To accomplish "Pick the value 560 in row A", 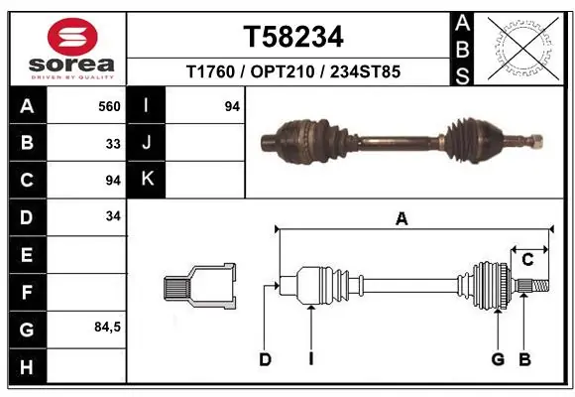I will click(x=110, y=106).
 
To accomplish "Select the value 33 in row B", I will click(x=114, y=143).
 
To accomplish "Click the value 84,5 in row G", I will click(x=107, y=327).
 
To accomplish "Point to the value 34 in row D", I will click(x=114, y=216).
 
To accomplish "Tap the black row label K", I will click(x=147, y=180).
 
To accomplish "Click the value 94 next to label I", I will click(x=232, y=106).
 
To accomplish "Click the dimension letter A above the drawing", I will click(x=402, y=220).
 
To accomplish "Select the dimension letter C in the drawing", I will click(x=527, y=260).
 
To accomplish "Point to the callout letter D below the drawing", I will click(x=265, y=359).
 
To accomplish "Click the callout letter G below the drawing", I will click(x=498, y=359).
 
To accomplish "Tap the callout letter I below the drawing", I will click(x=310, y=359).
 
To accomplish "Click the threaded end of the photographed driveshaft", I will click(x=535, y=140).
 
